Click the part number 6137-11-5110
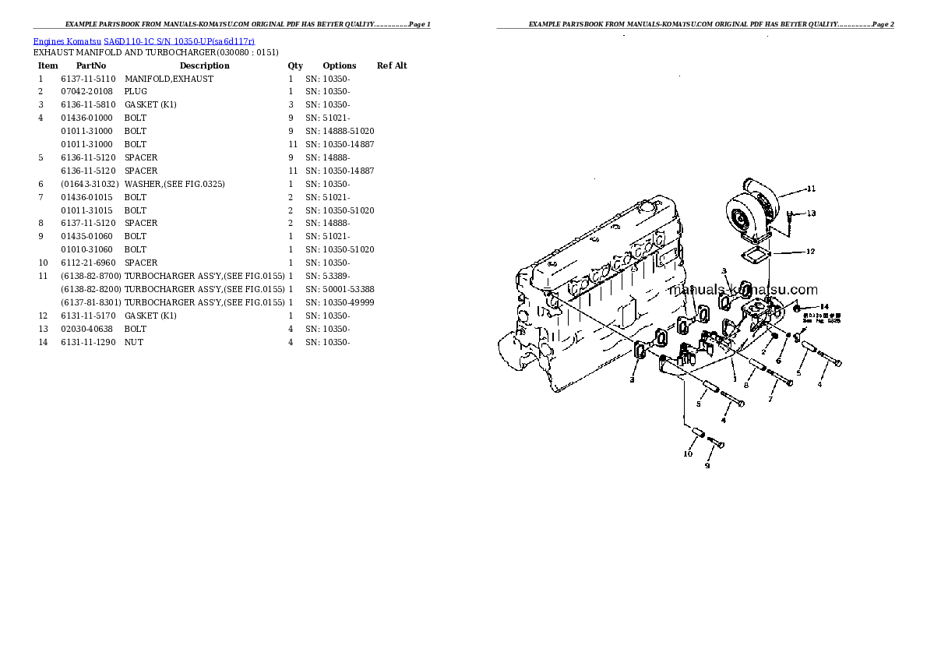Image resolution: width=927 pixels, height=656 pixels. point(88,79)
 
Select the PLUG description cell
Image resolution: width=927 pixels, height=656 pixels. point(136,92)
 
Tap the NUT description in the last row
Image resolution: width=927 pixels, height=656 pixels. point(134,342)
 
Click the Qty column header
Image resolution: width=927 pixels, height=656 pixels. point(295,65)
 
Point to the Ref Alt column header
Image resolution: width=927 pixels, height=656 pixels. point(392,65)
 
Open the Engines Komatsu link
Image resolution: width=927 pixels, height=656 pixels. point(67,41)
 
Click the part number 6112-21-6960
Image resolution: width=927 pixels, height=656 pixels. point(88,263)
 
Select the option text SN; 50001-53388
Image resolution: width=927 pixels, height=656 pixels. point(340,289)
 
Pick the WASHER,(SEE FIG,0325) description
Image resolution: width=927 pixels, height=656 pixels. point(174,184)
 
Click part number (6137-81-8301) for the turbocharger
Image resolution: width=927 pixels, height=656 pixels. point(90,302)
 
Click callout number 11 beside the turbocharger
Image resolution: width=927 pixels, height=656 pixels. point(811,189)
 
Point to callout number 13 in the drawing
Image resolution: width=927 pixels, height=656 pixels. point(811,213)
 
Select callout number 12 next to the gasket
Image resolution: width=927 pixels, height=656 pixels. point(810,252)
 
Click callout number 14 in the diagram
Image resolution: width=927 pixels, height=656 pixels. point(825,306)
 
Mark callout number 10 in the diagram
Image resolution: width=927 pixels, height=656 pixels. point(688,453)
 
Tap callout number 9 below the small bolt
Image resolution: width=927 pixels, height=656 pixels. point(707,466)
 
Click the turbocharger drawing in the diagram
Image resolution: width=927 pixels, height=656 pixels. point(752,211)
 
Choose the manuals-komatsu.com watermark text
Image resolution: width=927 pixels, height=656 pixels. point(743,290)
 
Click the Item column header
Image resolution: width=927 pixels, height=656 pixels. point(48,65)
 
